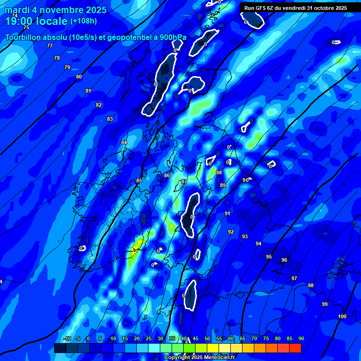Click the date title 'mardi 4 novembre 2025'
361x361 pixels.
pos(55,10)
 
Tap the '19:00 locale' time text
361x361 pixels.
pos(36,21)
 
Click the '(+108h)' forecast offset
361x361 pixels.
pos(84,21)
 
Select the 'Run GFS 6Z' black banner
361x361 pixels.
pos(296,8)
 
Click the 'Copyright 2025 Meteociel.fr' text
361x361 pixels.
pos(200,358)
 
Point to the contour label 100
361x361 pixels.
pos(342,316)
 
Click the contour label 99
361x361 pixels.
pos(325,304)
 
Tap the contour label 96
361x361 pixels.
pos(284,260)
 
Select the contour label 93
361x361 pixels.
pos(245,236)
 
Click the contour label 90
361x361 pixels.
pos(245,180)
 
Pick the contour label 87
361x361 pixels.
pos(184,181)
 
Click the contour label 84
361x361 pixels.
pos(124,142)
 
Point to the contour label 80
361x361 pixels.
pos(79,77)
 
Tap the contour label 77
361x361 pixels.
pos(50,46)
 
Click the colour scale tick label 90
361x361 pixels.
pos(301,339)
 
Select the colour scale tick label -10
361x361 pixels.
pos(67,339)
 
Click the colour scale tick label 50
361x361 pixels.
pos(207,339)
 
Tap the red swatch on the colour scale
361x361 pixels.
pos(295,348)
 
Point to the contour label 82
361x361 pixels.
pos(99,105)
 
